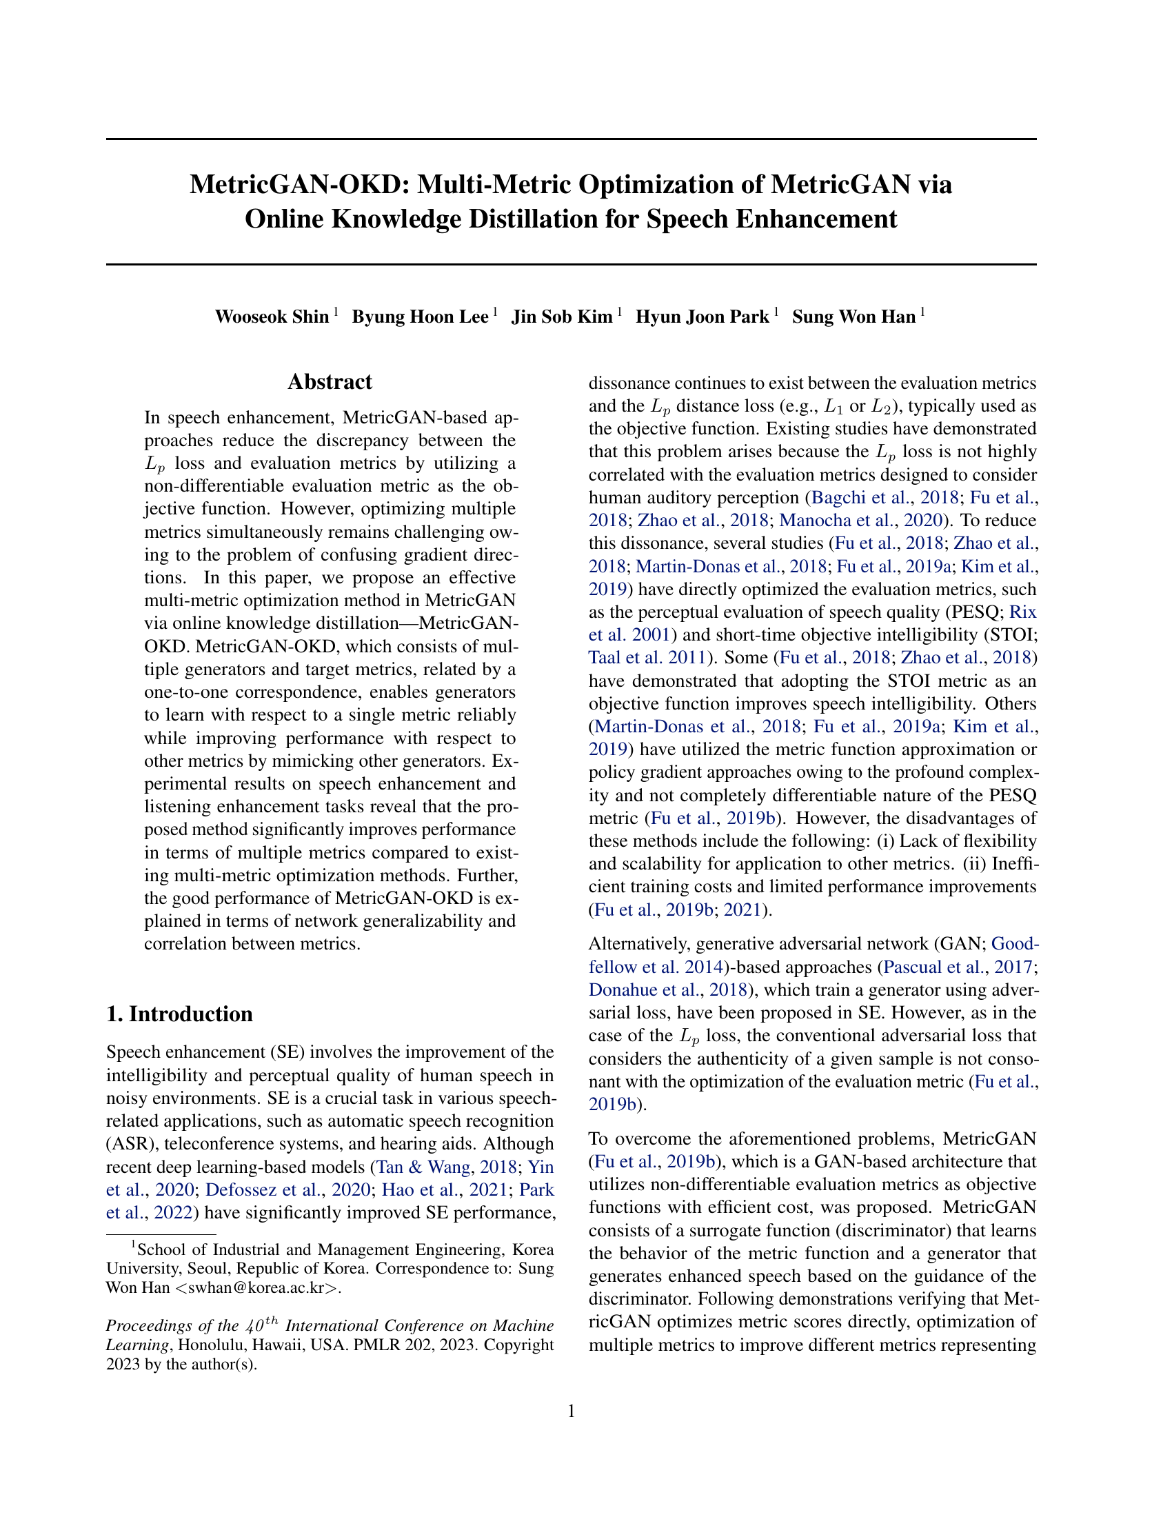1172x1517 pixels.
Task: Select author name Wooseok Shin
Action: pos(272,317)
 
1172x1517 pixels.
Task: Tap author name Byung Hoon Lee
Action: pos(420,317)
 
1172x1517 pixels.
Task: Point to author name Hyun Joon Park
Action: pos(702,317)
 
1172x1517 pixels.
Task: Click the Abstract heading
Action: pos(330,382)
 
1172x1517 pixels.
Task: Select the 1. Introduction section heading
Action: pos(179,1014)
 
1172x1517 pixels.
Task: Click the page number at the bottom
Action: pos(572,1411)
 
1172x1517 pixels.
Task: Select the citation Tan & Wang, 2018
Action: pos(447,1167)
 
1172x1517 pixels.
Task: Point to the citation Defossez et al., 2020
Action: pos(287,1190)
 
